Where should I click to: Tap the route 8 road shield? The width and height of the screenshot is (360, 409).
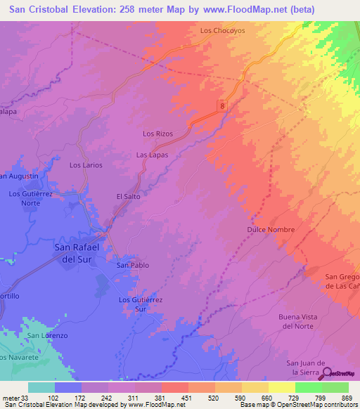click(x=222, y=105)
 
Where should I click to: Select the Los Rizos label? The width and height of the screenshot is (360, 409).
click(x=157, y=134)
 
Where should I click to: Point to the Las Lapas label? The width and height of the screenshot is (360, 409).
click(x=151, y=155)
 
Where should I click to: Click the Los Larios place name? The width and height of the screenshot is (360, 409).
click(x=86, y=165)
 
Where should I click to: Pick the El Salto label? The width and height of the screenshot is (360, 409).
click(x=128, y=197)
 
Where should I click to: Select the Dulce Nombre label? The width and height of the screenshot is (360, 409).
click(x=270, y=230)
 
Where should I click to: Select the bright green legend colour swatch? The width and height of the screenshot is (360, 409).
click(x=308, y=387)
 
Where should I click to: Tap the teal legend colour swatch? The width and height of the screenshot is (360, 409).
click(x=41, y=387)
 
